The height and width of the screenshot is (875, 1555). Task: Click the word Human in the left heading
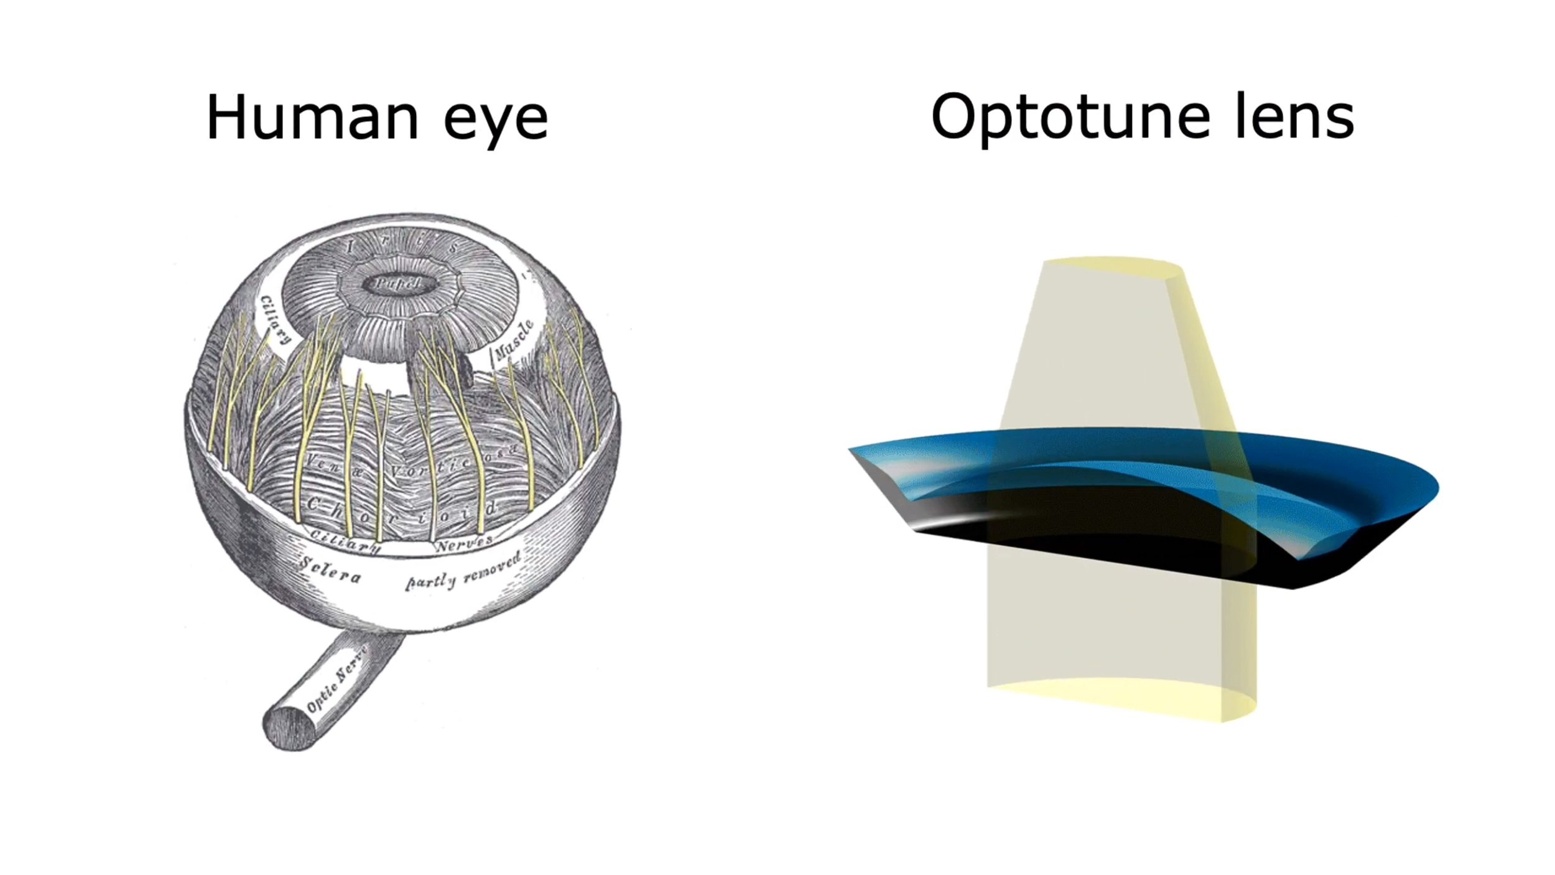click(312, 118)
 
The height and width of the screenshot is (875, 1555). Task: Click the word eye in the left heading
click(496, 122)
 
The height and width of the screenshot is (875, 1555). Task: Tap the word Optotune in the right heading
click(1070, 118)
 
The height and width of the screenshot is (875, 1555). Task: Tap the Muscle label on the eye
click(513, 341)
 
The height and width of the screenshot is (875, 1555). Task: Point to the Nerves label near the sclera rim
click(463, 543)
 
